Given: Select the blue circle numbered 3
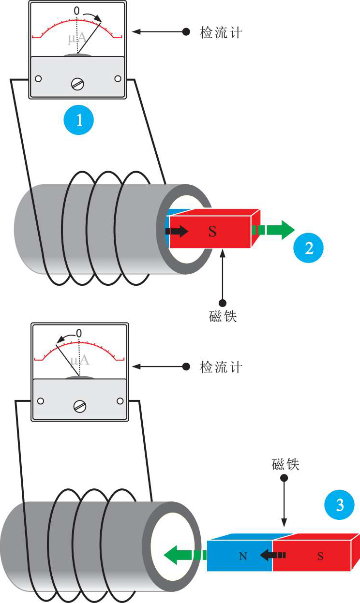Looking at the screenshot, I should tap(339, 506).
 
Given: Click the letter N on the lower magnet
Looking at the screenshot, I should tap(243, 557).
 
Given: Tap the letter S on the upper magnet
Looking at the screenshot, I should tap(212, 232).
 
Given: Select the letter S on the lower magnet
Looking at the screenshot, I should tap(320, 557).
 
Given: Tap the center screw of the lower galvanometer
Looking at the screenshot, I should tap(79, 406).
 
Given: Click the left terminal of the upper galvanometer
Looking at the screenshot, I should tap(38, 78).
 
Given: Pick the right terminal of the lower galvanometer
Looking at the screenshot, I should tap(120, 401).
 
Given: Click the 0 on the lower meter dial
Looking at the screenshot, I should tap(79, 333).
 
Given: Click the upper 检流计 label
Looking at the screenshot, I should tap(221, 32).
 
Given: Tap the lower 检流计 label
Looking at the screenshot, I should tap(221, 367).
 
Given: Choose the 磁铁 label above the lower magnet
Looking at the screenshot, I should tap(285, 465).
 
